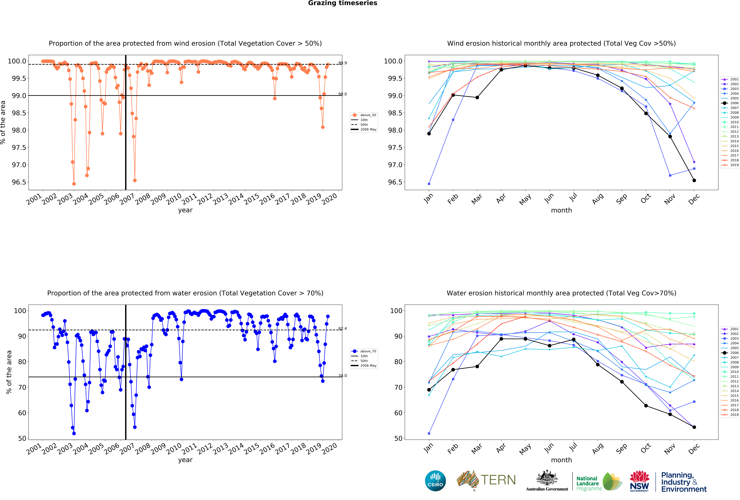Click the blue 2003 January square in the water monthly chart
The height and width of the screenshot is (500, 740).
(x=429, y=433)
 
